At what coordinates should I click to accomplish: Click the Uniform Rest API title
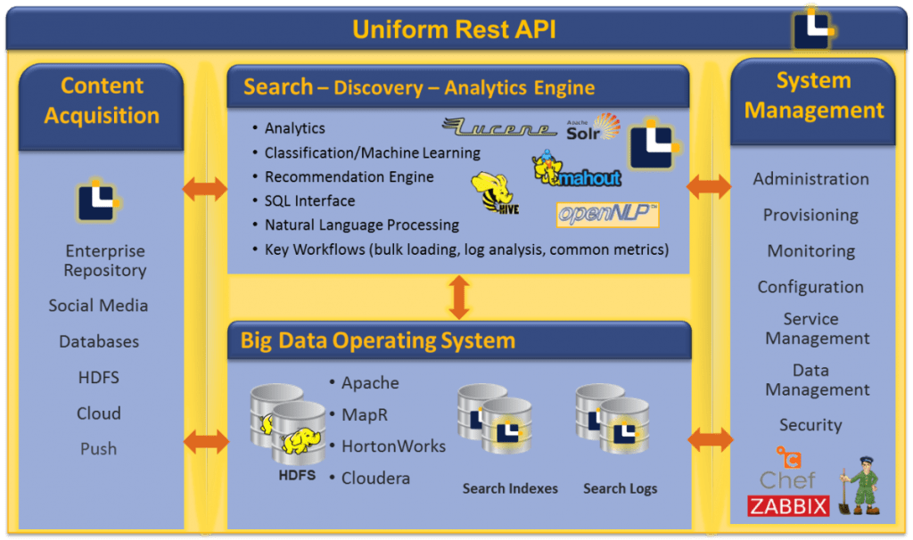pyautogui.click(x=454, y=29)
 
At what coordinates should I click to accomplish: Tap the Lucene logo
pyautogui.click(x=499, y=127)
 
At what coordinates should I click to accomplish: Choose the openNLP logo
pyautogui.click(x=607, y=214)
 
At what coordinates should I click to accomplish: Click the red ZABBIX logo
pyautogui.click(x=788, y=506)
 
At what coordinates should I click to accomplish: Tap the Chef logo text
pyautogui.click(x=787, y=479)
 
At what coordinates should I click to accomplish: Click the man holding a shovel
pyautogui.click(x=860, y=486)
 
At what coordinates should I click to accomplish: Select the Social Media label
pyautogui.click(x=98, y=306)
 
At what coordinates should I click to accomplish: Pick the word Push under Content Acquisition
pyautogui.click(x=98, y=449)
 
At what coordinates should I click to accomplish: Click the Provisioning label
pyautogui.click(x=810, y=216)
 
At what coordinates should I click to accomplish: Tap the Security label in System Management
pyautogui.click(x=810, y=426)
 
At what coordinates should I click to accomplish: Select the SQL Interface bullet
pyautogui.click(x=309, y=201)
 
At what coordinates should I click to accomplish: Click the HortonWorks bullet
pyautogui.click(x=393, y=446)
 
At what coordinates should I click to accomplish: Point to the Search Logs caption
pyautogui.click(x=620, y=488)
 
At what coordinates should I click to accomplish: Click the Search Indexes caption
pyautogui.click(x=510, y=488)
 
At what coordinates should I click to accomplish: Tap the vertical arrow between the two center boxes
pyautogui.click(x=459, y=297)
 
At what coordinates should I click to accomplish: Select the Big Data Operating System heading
pyautogui.click(x=377, y=340)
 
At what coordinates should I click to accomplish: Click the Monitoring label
pyautogui.click(x=810, y=251)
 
